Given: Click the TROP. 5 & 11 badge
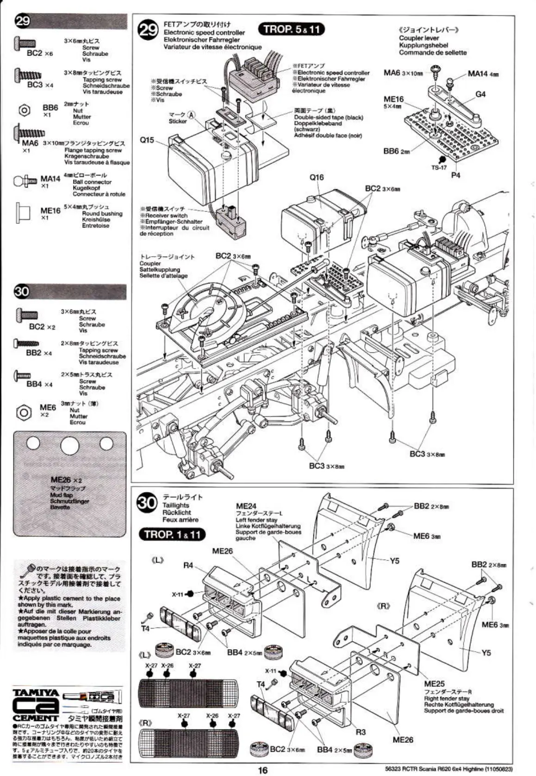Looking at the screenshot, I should tap(291, 29).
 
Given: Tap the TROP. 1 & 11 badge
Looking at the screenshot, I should tap(172, 534).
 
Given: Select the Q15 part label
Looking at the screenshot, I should tap(147, 140).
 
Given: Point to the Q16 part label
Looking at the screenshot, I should tap(317, 177).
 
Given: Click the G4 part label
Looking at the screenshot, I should tap(480, 94).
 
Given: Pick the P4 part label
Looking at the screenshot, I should tap(455, 175).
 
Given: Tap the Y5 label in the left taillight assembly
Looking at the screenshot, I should tap(394, 561).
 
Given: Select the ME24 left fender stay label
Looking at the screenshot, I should tap(246, 506).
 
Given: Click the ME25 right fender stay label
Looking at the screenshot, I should tap(434, 684).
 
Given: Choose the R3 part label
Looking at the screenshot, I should tap(361, 732).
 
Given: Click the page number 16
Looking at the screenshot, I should tap(262, 770).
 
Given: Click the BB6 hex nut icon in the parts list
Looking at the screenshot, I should tap(24, 110).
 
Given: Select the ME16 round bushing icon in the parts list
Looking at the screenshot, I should tap(23, 212).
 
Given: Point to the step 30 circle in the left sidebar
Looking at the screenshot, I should tap(22, 291).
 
